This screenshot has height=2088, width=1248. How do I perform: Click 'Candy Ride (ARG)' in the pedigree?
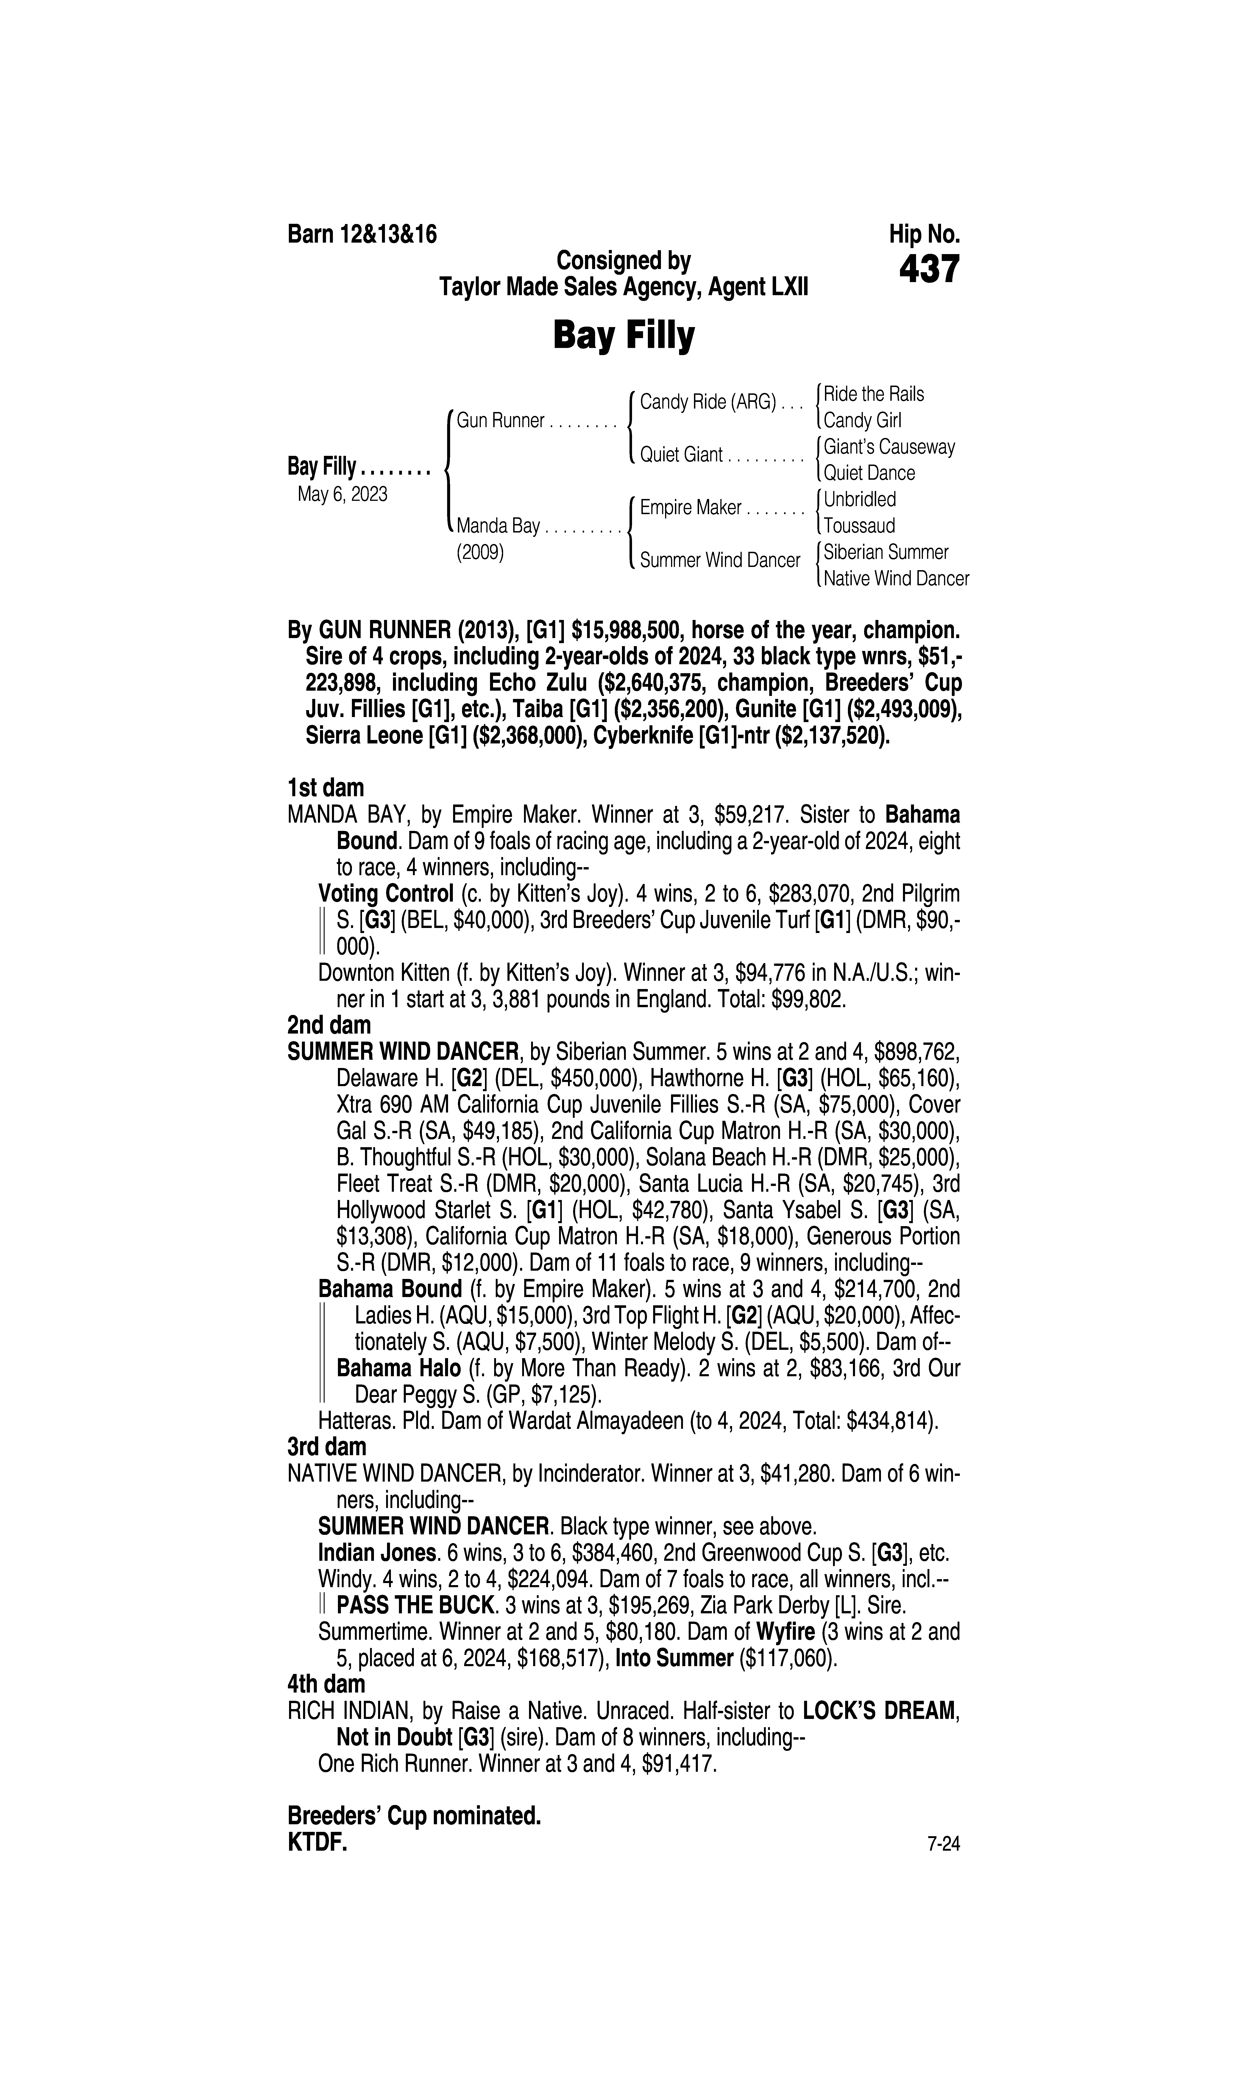(707, 402)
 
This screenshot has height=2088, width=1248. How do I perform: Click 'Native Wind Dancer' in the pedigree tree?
(896, 579)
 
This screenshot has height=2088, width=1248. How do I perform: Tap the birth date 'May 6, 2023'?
(342, 495)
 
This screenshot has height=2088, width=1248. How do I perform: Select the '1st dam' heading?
(326, 788)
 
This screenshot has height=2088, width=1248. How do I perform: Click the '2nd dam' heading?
(329, 1026)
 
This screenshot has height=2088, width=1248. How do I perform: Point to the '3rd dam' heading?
(327, 1447)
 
